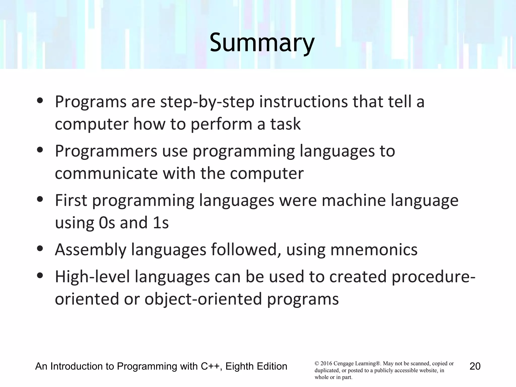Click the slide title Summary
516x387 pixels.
point(262,43)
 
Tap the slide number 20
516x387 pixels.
point(475,366)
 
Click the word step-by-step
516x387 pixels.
point(207,102)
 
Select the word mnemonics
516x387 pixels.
point(374,250)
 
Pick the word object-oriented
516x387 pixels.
point(203,299)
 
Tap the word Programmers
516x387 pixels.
point(106,151)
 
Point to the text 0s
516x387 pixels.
point(107,223)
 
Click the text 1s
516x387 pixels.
point(160,223)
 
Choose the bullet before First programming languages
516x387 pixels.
point(40,199)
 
